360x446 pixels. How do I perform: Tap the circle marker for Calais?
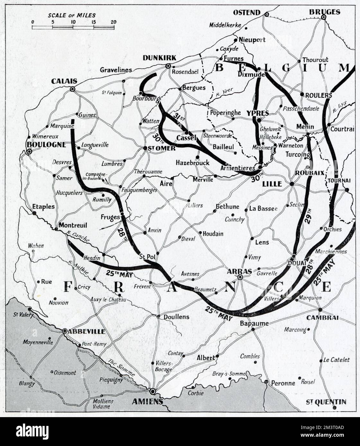click(x=73, y=89)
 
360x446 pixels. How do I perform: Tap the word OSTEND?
click(x=246, y=13)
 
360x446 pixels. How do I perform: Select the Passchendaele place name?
click(x=301, y=108)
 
